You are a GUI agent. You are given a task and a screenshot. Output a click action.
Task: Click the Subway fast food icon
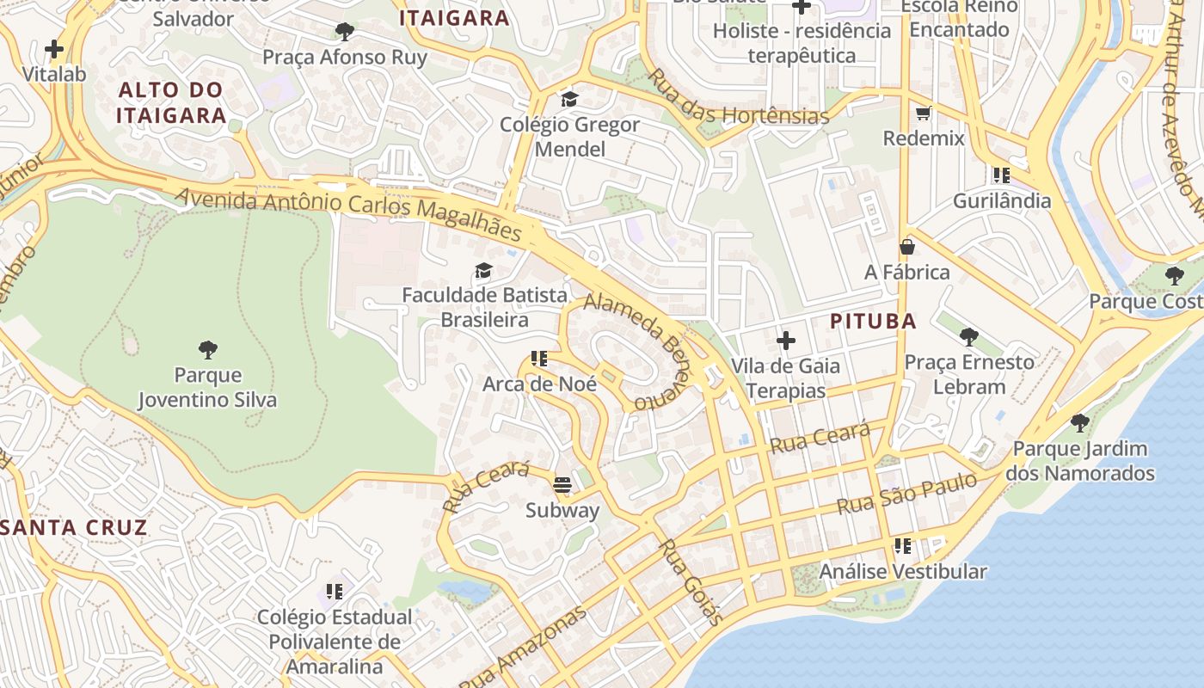coord(562,485)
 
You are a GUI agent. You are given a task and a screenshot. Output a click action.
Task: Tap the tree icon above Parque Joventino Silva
coord(207,349)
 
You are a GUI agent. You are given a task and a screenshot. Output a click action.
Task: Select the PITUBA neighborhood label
coord(873,322)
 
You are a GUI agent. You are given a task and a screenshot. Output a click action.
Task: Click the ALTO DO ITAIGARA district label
coord(170,102)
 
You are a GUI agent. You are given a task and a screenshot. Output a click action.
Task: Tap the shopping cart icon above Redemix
coord(924,113)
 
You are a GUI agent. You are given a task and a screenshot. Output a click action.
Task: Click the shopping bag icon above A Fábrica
coord(906,247)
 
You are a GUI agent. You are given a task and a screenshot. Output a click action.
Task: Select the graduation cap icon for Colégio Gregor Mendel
coord(569,99)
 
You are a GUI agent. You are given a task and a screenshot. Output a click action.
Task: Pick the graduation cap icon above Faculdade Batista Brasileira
coord(483,270)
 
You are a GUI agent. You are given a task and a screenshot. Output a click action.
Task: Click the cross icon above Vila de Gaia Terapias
coord(785,341)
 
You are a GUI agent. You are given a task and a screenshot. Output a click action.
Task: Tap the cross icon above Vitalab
coord(54,49)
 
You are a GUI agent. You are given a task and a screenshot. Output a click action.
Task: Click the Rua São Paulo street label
coord(907,493)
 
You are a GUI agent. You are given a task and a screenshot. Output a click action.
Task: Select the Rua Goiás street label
coord(691,581)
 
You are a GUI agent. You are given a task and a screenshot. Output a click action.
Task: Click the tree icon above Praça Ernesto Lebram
coord(969,336)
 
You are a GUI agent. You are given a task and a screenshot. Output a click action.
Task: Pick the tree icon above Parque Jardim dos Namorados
coord(1079,423)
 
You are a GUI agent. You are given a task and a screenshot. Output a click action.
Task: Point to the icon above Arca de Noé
coord(539,358)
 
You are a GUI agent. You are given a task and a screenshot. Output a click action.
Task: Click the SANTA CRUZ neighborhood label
coord(75,527)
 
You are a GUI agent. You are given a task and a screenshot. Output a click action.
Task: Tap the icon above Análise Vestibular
coord(902,545)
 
